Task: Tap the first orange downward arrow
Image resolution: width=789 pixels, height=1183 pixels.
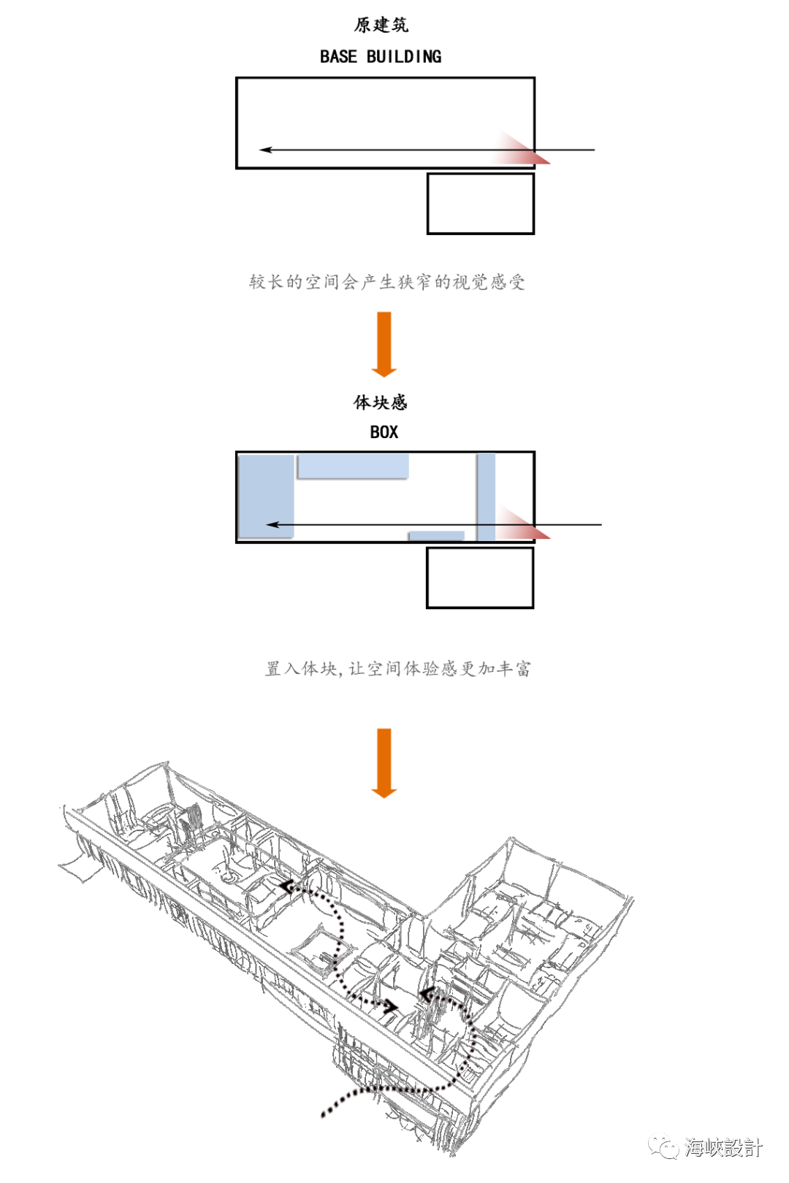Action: pyautogui.click(x=384, y=343)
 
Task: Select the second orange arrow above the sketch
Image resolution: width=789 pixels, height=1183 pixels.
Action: pyautogui.click(x=384, y=762)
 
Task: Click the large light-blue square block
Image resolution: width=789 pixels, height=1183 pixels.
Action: pyautogui.click(x=266, y=497)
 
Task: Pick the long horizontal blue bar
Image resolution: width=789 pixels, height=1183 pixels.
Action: pyautogui.click(x=353, y=467)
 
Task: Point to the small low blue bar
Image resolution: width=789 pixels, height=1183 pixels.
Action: pyautogui.click(x=436, y=535)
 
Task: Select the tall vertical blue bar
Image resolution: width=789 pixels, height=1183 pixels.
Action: pyautogui.click(x=485, y=497)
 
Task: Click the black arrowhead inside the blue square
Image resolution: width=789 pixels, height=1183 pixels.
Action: pyautogui.click(x=272, y=524)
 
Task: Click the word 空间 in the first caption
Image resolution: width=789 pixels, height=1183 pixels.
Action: pyautogui.click(x=323, y=282)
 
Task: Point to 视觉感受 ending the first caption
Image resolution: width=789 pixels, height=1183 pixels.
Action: pyautogui.click(x=489, y=282)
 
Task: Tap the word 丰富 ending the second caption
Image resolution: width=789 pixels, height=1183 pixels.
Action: pyautogui.click(x=513, y=668)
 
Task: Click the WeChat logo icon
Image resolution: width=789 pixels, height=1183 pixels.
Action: pyautogui.click(x=663, y=1146)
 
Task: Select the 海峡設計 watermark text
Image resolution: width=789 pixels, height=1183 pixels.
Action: pyautogui.click(x=723, y=1147)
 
